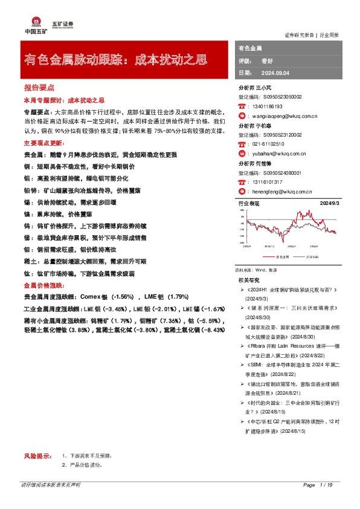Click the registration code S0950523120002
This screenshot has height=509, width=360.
click(281, 135)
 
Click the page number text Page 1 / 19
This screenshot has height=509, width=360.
click(318, 485)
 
